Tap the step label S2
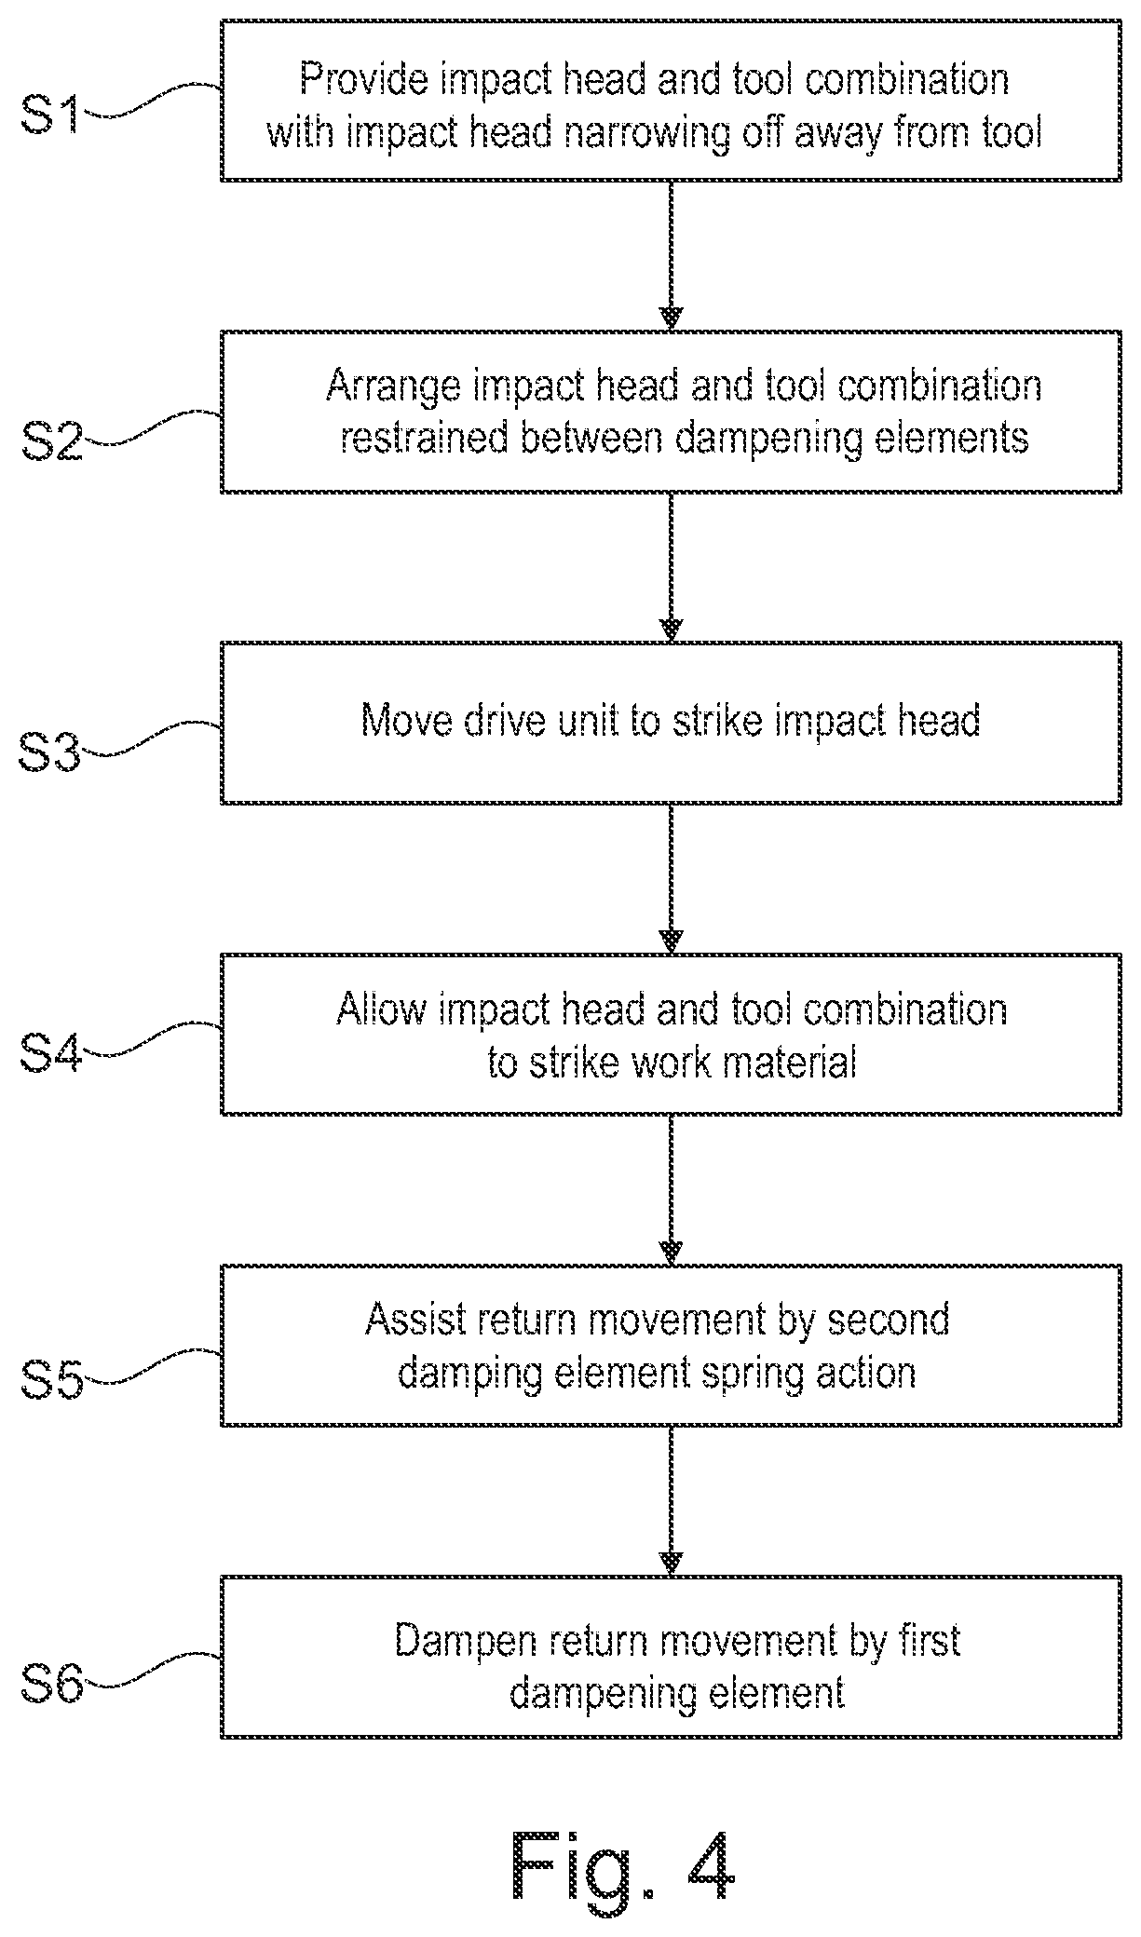52,439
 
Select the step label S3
52,752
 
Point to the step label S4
52,1052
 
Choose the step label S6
52,1683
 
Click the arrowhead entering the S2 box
671,319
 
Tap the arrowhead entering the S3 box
671,630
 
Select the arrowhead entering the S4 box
671,941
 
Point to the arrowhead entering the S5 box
671,1253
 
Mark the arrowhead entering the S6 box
671,1564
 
